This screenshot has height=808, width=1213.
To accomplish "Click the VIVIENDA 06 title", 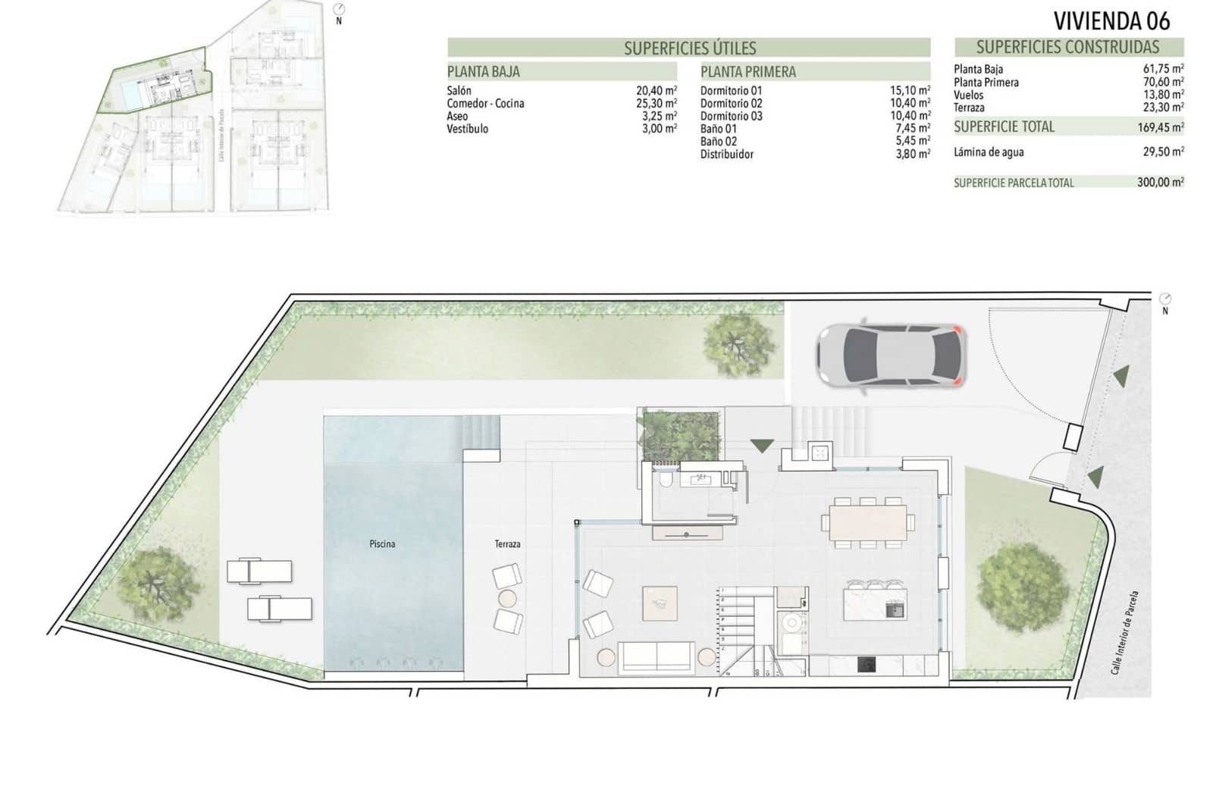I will click(x=1111, y=20).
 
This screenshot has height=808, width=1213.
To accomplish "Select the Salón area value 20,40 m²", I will click(x=656, y=90).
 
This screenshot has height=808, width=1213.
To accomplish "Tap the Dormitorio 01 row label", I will click(x=731, y=90).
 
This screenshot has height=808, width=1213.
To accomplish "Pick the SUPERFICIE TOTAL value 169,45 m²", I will click(x=1160, y=127).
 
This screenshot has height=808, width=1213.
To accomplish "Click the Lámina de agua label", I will click(x=988, y=152).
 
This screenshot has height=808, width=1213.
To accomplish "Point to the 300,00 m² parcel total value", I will click(x=1160, y=182).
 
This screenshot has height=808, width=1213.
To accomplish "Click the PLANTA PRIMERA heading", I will click(x=748, y=72).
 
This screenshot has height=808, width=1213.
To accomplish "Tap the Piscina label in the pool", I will click(x=382, y=543).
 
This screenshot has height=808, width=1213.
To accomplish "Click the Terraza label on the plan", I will click(x=507, y=543).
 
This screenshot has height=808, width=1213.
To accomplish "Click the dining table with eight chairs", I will click(x=868, y=521).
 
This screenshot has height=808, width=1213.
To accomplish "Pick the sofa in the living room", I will click(x=657, y=657).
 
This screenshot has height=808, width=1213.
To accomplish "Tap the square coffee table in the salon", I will click(x=660, y=603).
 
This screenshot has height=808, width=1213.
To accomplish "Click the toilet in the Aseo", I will click(x=665, y=482).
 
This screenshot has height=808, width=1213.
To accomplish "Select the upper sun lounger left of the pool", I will click(x=259, y=571).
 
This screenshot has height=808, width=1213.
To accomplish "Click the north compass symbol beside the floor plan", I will click(x=1165, y=299).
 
